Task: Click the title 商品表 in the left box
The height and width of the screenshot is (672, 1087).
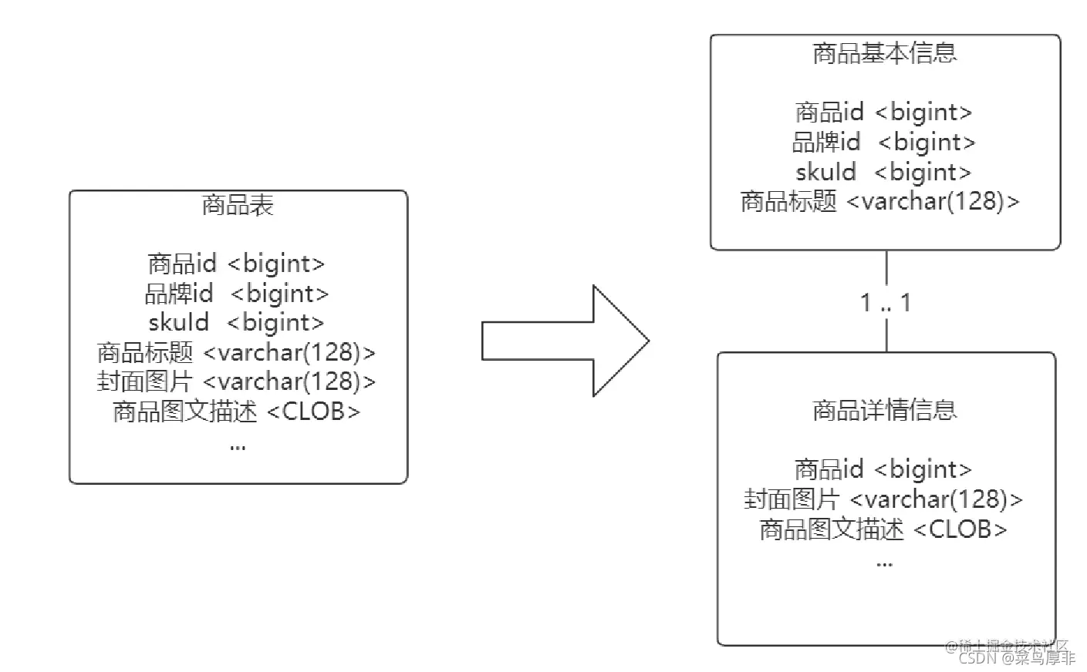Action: point(238,206)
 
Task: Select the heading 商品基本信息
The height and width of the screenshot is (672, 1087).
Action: point(884,53)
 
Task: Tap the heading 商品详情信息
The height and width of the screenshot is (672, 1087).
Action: point(884,410)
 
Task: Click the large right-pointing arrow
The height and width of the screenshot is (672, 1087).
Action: point(565,341)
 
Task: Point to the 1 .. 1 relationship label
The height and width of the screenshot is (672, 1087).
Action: point(886,303)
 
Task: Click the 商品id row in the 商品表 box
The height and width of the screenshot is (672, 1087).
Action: point(237,264)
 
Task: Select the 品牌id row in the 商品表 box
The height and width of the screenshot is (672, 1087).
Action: point(237,294)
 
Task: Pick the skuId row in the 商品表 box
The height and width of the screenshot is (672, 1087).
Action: point(237,323)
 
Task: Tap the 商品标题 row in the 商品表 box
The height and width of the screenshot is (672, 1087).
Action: point(237,352)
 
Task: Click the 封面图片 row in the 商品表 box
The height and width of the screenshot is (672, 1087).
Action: point(237,381)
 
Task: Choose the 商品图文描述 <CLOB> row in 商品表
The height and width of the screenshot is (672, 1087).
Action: point(237,412)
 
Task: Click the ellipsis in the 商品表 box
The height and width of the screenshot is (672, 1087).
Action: point(238,446)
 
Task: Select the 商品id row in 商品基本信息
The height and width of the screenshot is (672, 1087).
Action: point(884,113)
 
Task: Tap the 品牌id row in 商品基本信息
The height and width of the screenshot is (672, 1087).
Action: point(884,142)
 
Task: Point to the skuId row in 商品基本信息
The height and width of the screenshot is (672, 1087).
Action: point(884,172)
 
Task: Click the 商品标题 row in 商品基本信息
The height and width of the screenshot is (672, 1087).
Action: point(880,201)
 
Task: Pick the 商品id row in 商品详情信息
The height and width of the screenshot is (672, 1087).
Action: point(884,469)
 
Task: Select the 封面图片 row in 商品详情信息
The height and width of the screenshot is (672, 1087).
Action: point(884,499)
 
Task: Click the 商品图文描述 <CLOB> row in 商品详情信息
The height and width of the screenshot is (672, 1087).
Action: point(884,529)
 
